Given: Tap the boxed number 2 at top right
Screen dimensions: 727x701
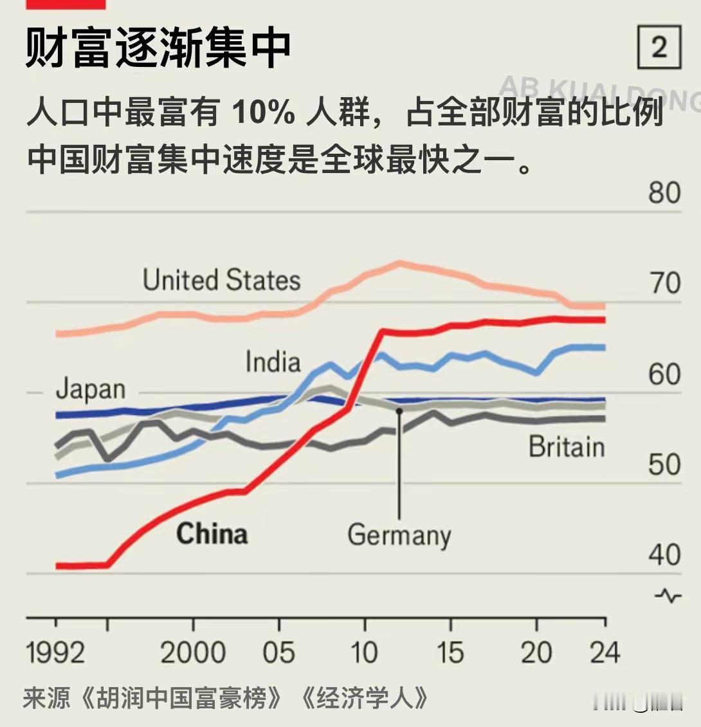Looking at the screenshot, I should click(659, 48).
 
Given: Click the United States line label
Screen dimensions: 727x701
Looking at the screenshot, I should click(221, 281).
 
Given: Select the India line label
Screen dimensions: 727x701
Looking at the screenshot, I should click(273, 362).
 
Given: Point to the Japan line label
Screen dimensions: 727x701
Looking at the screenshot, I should click(90, 389).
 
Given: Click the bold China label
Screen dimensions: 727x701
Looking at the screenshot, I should click(212, 534).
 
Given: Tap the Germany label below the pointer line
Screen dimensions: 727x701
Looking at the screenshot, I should click(399, 535).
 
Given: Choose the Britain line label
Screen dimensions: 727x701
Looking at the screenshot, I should click(567, 446).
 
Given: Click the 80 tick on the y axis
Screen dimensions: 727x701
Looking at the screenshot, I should click(664, 192).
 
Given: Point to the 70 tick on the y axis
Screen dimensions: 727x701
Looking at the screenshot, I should click(664, 283).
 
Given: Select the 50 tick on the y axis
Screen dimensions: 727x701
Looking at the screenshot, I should click(664, 465).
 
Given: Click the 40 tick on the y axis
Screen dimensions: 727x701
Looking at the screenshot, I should click(664, 555).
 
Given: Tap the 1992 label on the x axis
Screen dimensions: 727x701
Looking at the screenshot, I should click(55, 652).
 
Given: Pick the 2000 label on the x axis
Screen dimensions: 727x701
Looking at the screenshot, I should click(192, 652).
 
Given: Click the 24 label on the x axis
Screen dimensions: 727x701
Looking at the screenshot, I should click(605, 652).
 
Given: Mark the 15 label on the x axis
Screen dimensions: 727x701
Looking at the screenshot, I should click(450, 652).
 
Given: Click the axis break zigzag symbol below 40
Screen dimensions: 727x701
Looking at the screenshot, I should click(668, 596).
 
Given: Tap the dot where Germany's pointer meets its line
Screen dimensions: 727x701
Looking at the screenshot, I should click(399, 410).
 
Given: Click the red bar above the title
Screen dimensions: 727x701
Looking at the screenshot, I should click(66, 4).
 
